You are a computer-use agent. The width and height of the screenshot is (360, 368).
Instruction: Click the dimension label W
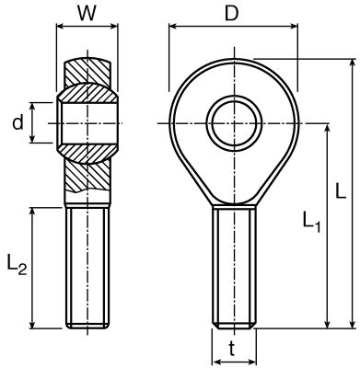pyautogui.click(x=87, y=14)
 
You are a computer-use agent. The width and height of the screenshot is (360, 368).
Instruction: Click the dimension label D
pyautogui.click(x=232, y=14)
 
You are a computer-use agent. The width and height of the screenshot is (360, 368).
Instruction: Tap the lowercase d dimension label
pyautogui.click(x=17, y=123)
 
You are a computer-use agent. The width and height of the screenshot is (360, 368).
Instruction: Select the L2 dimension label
pyautogui.click(x=17, y=266)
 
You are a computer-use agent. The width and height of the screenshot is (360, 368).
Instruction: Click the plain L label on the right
pyautogui.click(x=341, y=190)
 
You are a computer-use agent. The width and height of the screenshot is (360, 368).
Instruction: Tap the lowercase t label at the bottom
pyautogui.click(x=232, y=349)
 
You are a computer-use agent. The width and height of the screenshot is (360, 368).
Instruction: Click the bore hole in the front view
pyautogui.click(x=234, y=123)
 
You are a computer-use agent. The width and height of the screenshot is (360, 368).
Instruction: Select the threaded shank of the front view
pyautogui.click(x=235, y=268)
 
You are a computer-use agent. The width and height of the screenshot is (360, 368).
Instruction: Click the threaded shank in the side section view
pyautogui.click(x=87, y=268)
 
